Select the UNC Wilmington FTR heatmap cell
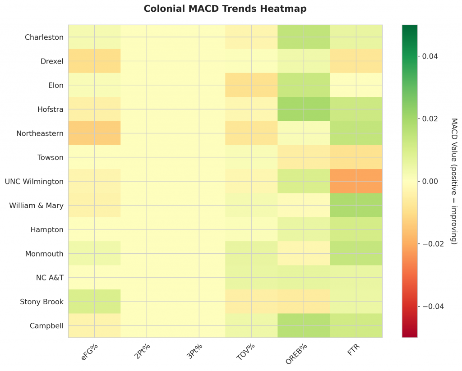tap(356, 181)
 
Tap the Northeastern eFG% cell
tap(94, 133)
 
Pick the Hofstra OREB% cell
tap(304, 109)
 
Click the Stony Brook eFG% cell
tap(94, 301)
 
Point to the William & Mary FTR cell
tap(356, 205)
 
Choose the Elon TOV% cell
tap(251, 85)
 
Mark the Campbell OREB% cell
tap(304, 325)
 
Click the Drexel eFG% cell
tap(94, 61)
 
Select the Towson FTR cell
tap(356, 157)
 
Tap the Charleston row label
tap(44, 37)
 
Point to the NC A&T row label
tap(49, 277)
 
